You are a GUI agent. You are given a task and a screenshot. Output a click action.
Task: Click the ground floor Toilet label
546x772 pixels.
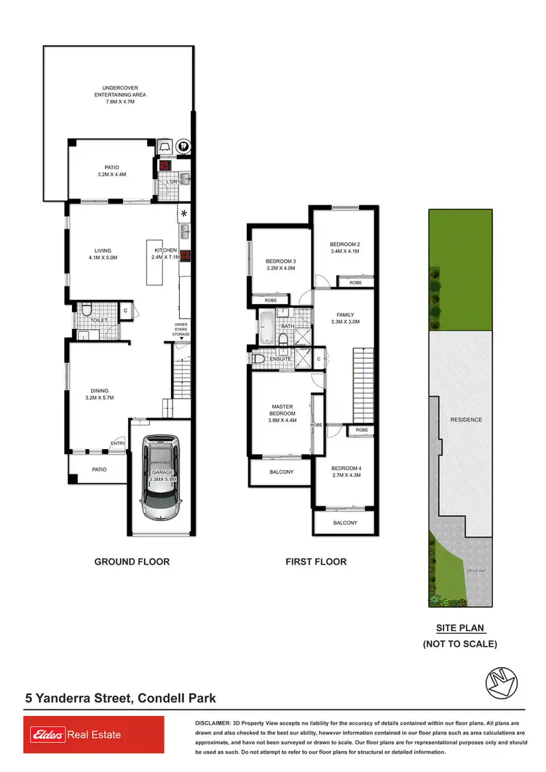tap(100, 319)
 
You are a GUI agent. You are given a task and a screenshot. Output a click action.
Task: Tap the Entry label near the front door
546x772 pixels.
tap(118, 443)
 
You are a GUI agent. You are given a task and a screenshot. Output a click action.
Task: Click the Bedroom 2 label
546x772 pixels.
tap(345, 247)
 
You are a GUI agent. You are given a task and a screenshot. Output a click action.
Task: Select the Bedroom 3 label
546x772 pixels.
tap(280, 264)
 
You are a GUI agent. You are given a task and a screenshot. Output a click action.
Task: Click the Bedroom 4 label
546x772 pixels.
tap(345, 471)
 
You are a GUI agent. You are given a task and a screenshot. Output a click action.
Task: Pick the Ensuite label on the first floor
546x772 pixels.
tap(281, 359)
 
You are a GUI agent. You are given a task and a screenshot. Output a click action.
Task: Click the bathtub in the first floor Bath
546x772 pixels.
tap(266, 327)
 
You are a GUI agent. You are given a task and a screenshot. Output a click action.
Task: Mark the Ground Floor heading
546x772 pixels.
tap(132, 561)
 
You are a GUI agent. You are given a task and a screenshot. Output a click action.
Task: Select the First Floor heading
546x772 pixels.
tap(316, 561)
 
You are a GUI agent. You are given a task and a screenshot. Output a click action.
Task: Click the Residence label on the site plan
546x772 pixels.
tap(466, 420)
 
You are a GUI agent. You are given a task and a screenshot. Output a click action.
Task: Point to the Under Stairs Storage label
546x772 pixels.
tap(181, 329)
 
